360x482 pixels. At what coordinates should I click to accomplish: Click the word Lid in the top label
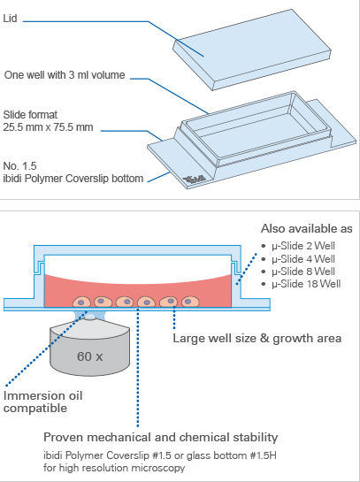[10, 19]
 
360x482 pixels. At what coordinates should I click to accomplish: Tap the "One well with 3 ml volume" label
[65, 75]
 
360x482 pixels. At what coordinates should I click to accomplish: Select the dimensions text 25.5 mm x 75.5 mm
[48, 127]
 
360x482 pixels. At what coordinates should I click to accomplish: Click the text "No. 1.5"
[19, 166]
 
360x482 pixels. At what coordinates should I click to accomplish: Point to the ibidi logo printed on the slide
[195, 179]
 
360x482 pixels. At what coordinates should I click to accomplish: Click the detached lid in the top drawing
[252, 50]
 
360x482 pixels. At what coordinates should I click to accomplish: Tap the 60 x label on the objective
[89, 356]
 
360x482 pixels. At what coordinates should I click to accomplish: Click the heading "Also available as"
[307, 229]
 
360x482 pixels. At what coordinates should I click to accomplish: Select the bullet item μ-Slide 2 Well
[303, 246]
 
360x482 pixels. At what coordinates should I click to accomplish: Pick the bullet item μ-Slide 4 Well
[303, 259]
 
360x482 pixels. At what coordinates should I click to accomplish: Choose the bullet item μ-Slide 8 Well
[303, 272]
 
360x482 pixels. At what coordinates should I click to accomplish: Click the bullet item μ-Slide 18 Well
[306, 284]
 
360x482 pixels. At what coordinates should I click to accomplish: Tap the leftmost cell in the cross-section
[81, 302]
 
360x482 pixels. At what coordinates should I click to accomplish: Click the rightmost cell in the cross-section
[190, 302]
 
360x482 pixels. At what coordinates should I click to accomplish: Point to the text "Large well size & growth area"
[257, 338]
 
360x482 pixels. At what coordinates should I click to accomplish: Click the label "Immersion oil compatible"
[42, 402]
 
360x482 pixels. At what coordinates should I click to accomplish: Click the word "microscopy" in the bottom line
[158, 468]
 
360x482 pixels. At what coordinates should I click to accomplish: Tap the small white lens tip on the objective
[90, 318]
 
